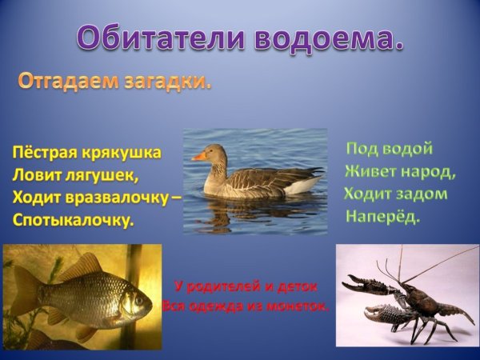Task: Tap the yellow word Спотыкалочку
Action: pos(73,218)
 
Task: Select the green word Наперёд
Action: pos(382,217)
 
